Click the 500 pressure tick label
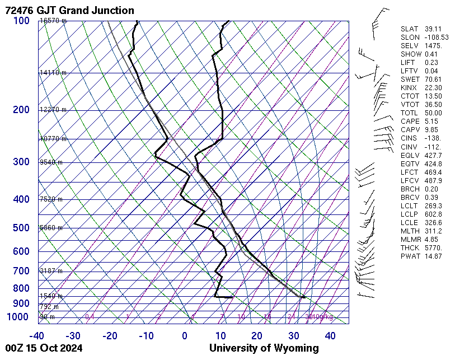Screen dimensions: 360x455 click(20, 228)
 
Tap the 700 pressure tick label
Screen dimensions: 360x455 click(20, 271)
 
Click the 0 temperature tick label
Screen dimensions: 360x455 click(185, 336)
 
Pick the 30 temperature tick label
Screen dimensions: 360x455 click(293, 336)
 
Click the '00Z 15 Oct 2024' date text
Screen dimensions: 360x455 click(44, 348)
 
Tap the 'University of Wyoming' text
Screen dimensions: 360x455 click(264, 348)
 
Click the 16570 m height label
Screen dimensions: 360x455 click(53, 21)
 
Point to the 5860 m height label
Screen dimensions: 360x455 click(51, 228)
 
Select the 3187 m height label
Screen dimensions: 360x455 click(51, 271)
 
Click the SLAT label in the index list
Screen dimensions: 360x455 click(410, 29)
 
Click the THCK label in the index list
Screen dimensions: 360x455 click(410, 247)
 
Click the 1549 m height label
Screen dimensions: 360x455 click(51, 296)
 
